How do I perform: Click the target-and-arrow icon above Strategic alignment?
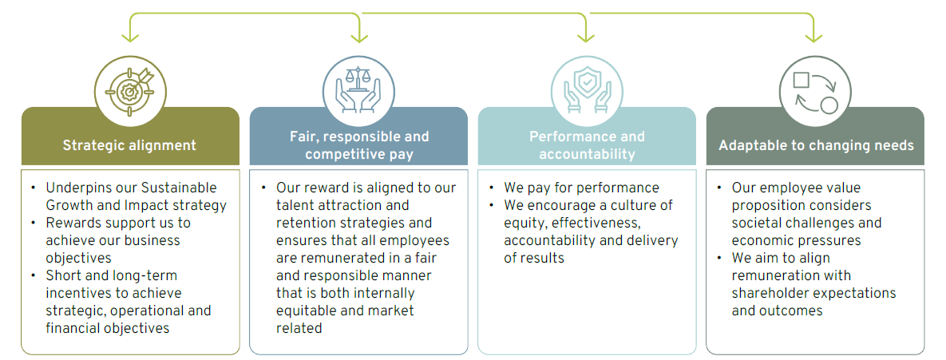pyautogui.click(x=129, y=91)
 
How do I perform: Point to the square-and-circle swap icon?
pyautogui.click(x=813, y=91)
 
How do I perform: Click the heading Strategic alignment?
pyautogui.click(x=129, y=145)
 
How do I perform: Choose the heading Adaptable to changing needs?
pyautogui.click(x=816, y=145)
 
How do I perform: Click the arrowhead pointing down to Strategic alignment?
pyautogui.click(x=129, y=38)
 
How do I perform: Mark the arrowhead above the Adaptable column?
pyautogui.click(x=813, y=38)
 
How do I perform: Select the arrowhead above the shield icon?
pyautogui.click(x=586, y=38)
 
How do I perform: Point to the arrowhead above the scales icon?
pyautogui.click(x=359, y=38)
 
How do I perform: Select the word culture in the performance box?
pyautogui.click(x=634, y=206)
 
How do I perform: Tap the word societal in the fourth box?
pyautogui.click(x=754, y=224)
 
